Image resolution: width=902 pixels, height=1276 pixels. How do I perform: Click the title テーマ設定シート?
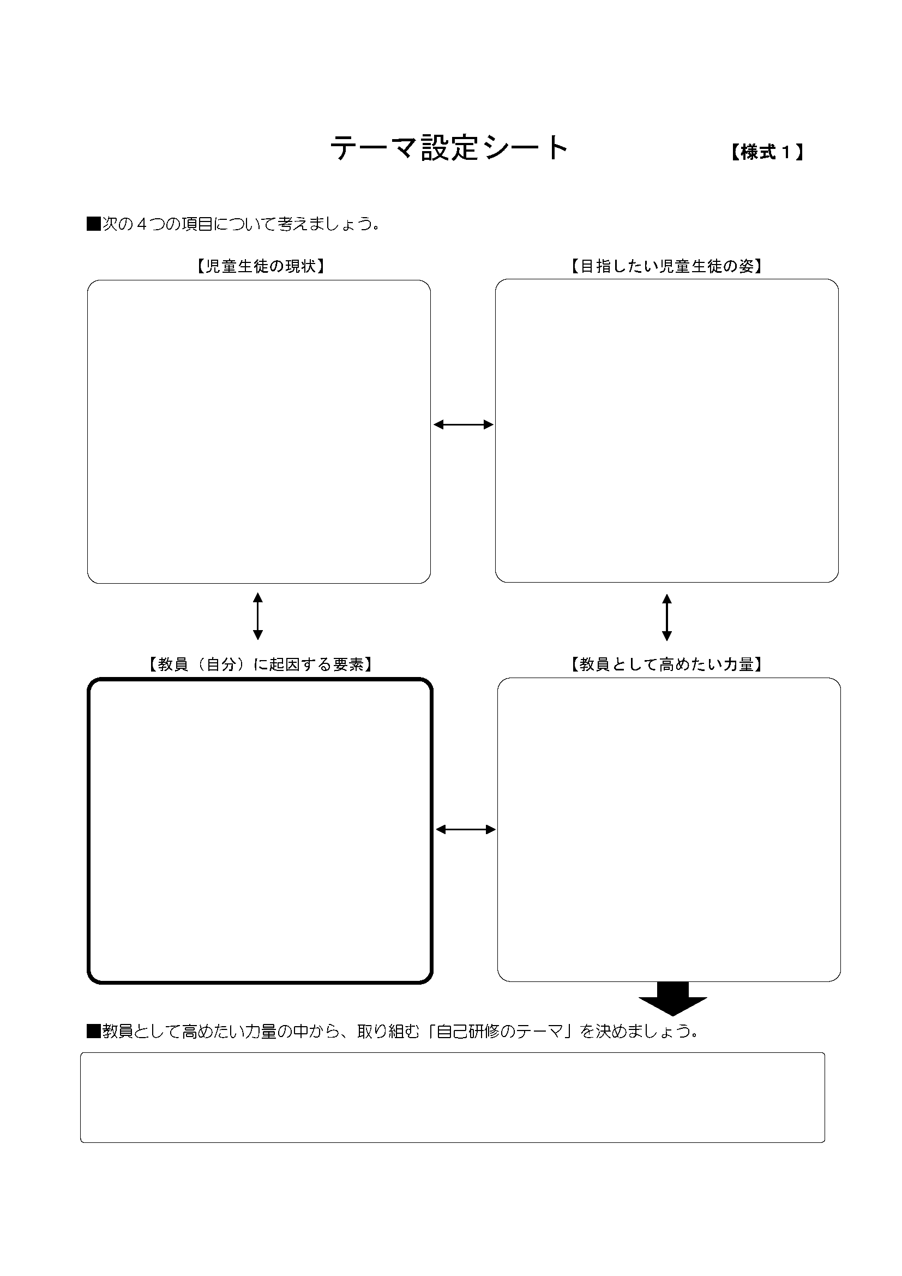(x=449, y=148)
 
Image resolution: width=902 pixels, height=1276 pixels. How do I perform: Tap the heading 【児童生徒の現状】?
(x=260, y=266)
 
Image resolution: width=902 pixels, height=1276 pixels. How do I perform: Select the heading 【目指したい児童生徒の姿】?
(x=666, y=266)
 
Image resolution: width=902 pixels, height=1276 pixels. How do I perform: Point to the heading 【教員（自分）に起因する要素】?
(x=260, y=664)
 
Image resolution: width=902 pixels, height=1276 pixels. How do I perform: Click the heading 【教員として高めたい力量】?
(x=666, y=664)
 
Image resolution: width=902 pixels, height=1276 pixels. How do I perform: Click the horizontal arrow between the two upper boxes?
(x=463, y=424)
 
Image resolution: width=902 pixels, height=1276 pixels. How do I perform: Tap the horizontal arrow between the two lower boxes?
(x=465, y=830)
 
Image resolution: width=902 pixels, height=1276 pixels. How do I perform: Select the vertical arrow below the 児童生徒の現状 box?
(x=258, y=616)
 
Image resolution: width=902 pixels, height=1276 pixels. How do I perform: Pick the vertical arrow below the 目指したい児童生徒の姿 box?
(x=667, y=617)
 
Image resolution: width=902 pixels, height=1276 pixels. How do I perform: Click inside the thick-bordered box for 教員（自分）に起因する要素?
(x=260, y=831)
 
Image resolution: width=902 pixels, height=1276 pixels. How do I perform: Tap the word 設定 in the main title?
(x=449, y=148)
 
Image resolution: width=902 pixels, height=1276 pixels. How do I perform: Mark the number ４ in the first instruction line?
(x=142, y=224)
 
